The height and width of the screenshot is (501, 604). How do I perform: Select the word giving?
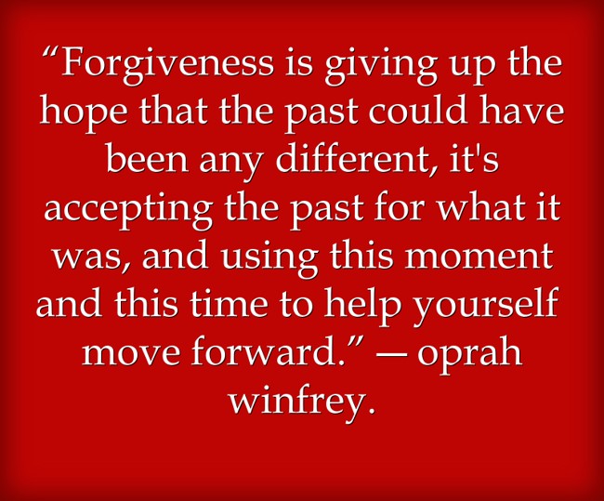click(x=381, y=67)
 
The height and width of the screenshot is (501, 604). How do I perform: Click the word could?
click(x=419, y=110)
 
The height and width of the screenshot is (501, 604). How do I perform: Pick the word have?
click(x=521, y=110)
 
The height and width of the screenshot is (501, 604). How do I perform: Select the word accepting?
click(x=128, y=210)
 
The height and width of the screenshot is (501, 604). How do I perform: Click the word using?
click(x=269, y=258)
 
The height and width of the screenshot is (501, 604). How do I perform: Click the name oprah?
click(x=469, y=354)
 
